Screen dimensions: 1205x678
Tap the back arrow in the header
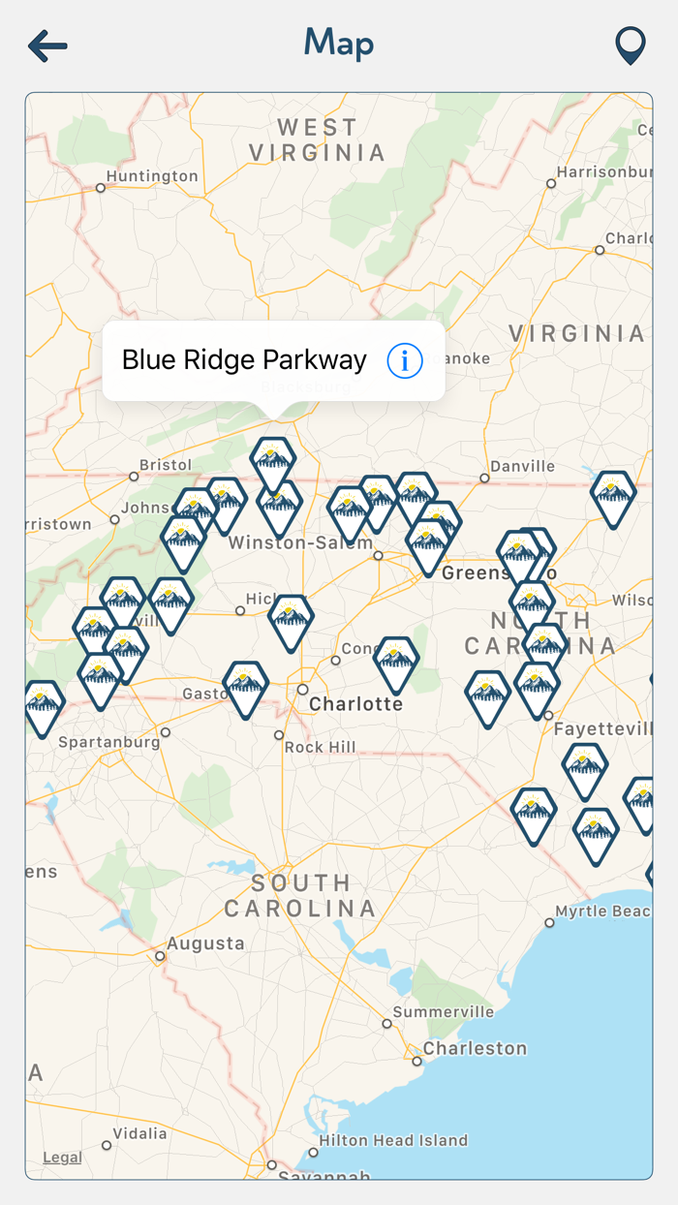47,46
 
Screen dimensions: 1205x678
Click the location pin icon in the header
631,46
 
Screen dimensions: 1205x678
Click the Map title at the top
339,44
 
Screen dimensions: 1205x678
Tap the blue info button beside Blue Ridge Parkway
405,361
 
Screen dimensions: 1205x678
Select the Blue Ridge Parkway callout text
244,360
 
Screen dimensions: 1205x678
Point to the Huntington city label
152,176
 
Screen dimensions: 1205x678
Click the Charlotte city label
355,704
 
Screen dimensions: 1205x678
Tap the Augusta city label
205,943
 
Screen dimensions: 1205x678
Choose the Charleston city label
475,1048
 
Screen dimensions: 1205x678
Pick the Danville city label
522,466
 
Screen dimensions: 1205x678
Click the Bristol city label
166,465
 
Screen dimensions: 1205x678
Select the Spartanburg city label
109,743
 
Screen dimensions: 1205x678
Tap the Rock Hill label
320,748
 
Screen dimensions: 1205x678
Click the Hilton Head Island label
393,1140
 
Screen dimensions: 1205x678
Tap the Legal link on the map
62,1158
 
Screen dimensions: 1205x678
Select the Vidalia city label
139,1133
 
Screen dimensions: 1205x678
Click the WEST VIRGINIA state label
318,140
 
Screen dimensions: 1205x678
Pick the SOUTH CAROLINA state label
300,896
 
